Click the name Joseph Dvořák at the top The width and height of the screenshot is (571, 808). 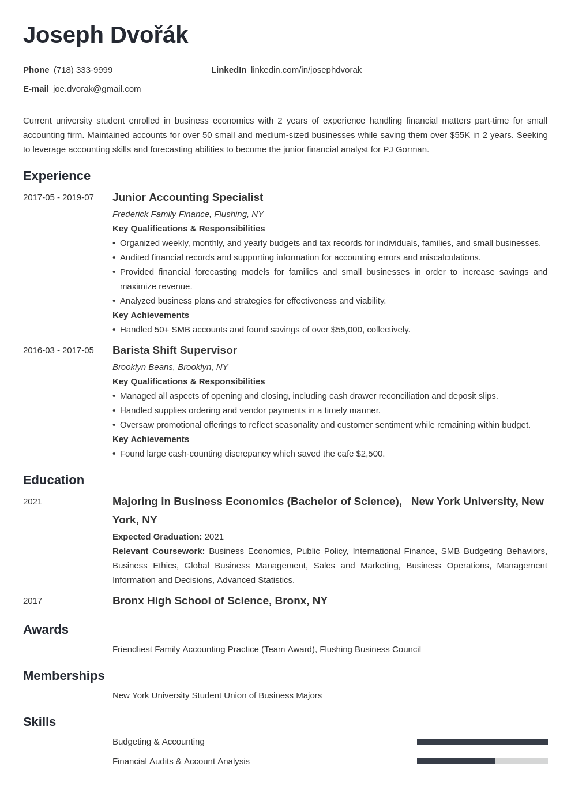(x=106, y=35)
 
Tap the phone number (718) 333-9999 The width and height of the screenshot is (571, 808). (x=83, y=70)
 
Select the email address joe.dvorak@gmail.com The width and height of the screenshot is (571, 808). (x=97, y=89)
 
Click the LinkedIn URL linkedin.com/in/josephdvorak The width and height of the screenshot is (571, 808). (x=306, y=70)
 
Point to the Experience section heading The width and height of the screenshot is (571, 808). (x=57, y=176)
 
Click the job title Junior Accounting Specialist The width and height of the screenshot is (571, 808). (x=187, y=197)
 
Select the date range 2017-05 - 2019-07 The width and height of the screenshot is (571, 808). (x=58, y=197)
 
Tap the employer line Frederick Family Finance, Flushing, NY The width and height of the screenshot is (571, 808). (x=188, y=214)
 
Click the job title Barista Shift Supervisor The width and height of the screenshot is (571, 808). (x=175, y=350)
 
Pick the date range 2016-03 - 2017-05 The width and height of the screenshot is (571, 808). (x=58, y=350)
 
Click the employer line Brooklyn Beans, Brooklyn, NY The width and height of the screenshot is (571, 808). (x=170, y=367)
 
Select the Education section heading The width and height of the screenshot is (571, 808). (x=54, y=480)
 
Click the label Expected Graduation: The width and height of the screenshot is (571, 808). (x=157, y=537)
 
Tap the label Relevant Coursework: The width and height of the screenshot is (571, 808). (x=159, y=551)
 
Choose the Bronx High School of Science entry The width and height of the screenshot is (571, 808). (x=220, y=601)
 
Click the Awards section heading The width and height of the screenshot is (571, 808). (x=46, y=630)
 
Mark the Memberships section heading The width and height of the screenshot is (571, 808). (x=63, y=676)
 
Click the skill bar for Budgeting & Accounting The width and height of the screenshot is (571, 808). (x=482, y=742)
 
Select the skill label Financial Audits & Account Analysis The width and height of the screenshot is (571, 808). (x=181, y=761)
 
